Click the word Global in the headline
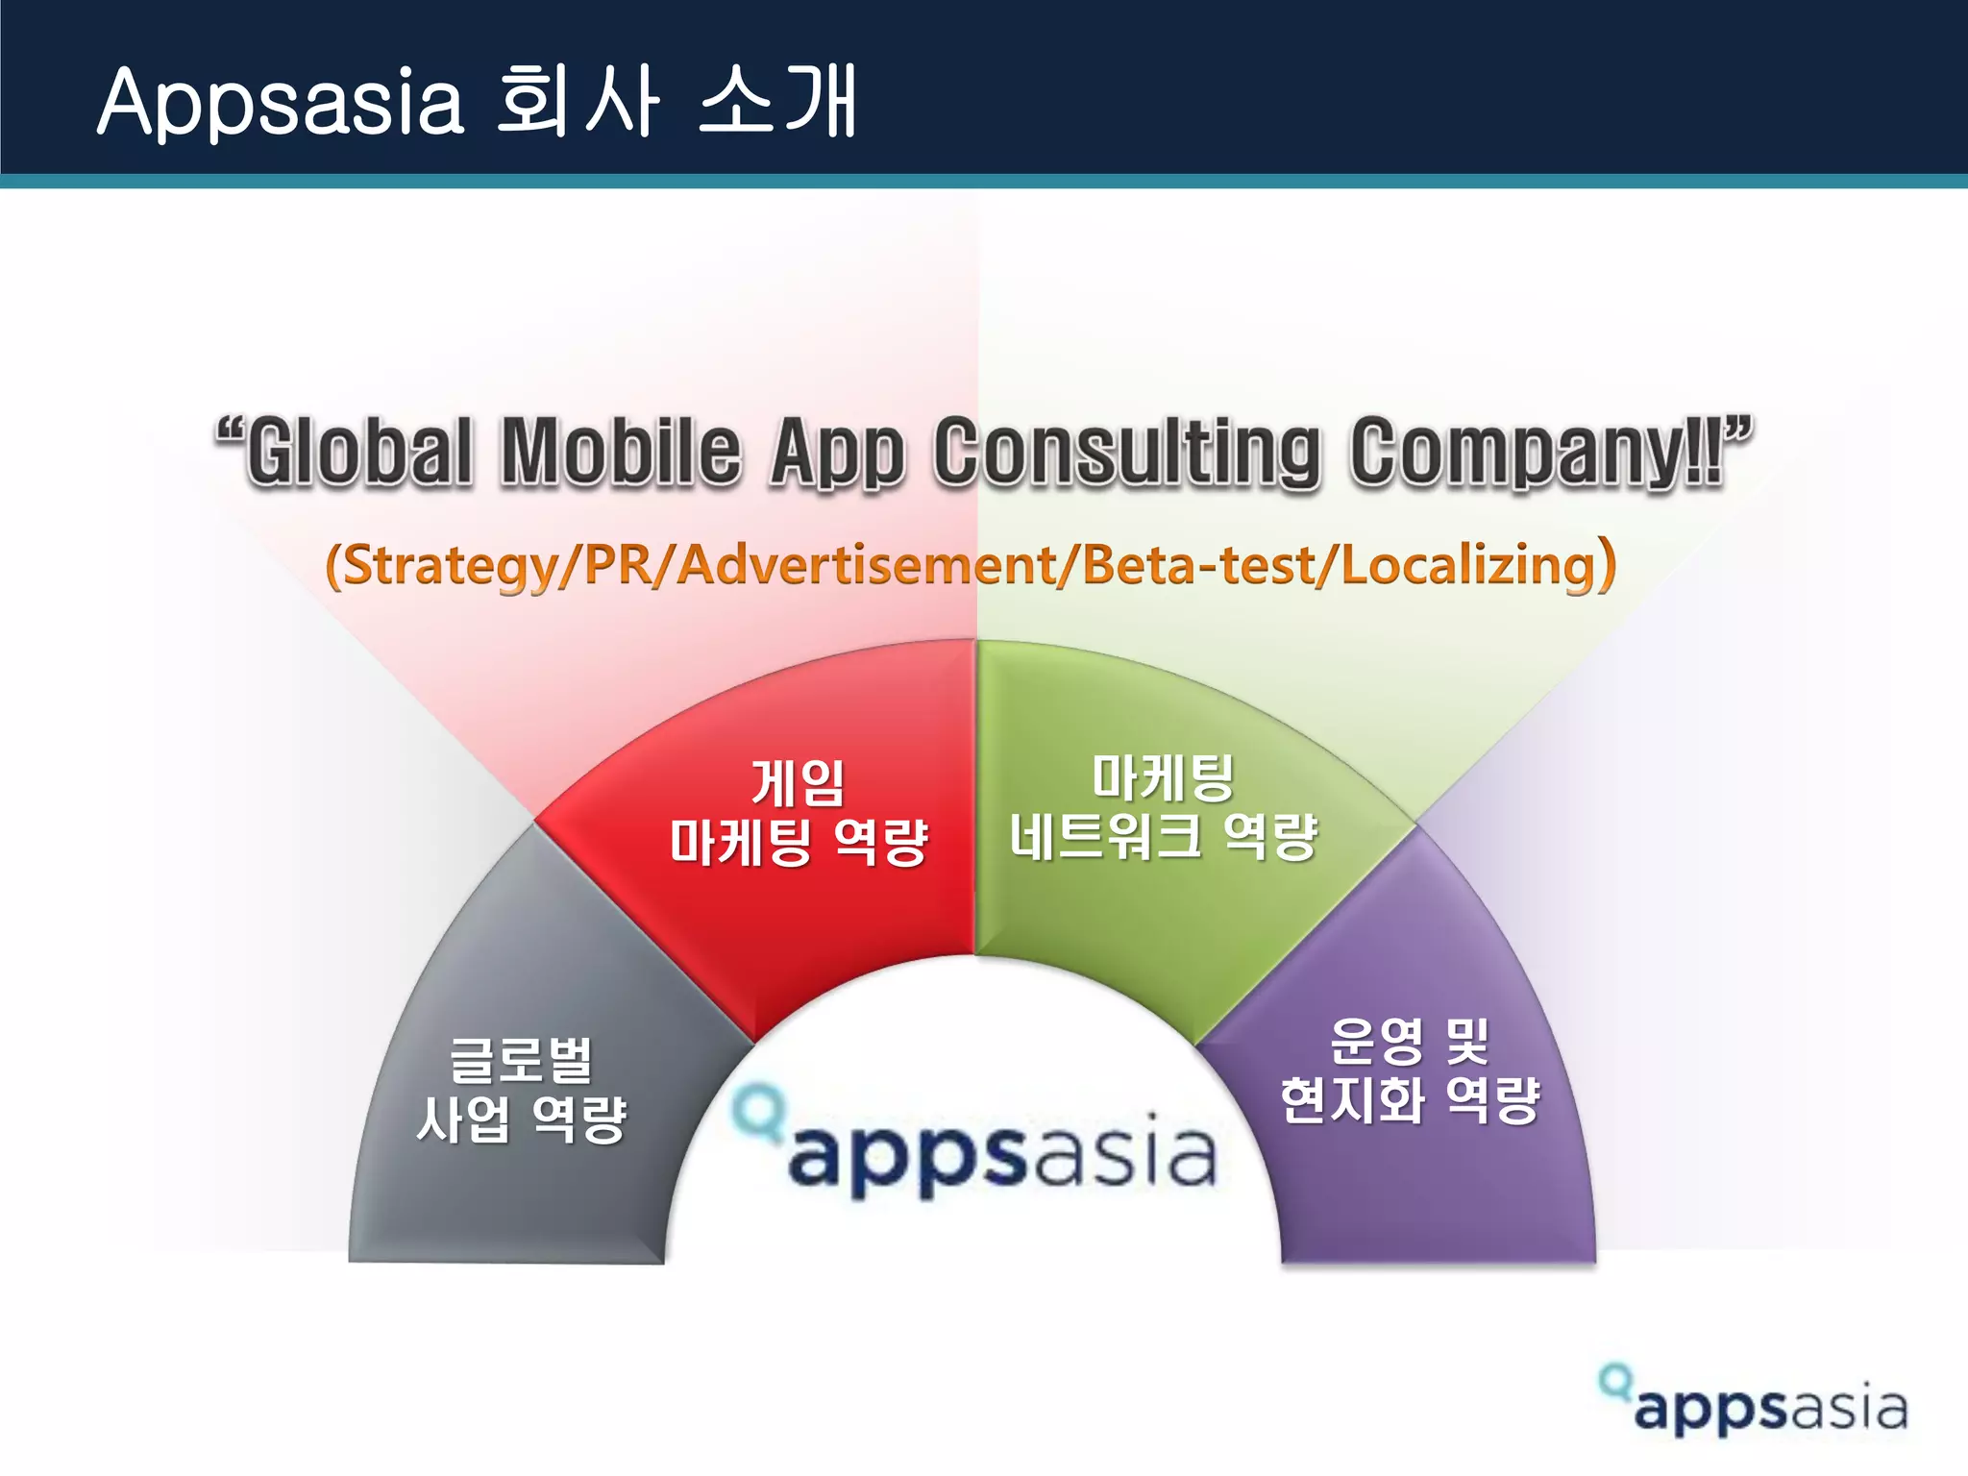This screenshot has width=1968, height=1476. (360, 451)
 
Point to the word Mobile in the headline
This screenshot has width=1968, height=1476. (622, 451)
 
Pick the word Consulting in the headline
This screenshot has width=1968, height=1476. (1126, 451)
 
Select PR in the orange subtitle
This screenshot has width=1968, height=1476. (616, 565)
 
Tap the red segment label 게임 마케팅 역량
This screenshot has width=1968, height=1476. (798, 813)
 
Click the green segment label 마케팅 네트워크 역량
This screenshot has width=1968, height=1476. (1163, 807)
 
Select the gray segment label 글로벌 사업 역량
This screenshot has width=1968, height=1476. (521, 1091)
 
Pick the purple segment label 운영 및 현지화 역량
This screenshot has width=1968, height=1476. (1410, 1070)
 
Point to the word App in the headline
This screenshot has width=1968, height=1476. (837, 451)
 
